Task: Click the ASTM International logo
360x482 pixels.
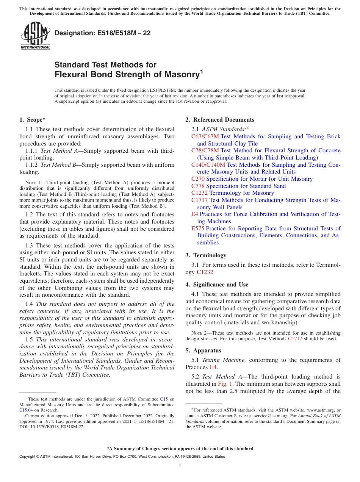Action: [35, 36]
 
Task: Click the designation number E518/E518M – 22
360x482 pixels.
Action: [102, 33]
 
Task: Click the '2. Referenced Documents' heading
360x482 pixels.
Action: [220, 120]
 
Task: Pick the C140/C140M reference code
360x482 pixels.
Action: [208, 165]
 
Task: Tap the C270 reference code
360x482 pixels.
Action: [198, 179]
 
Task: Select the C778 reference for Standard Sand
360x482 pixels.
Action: [198, 186]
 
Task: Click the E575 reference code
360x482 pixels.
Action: [198, 228]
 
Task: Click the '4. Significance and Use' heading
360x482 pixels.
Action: [217, 285]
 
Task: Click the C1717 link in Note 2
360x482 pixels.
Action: [295, 339]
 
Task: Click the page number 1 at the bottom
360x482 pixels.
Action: [180, 466]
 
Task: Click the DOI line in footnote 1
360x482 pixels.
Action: [52, 426]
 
